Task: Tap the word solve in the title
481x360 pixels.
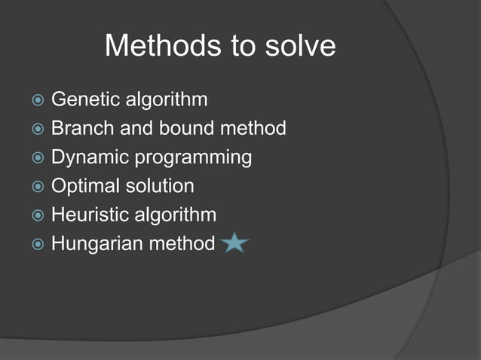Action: (299, 47)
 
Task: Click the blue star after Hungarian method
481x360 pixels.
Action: (235, 243)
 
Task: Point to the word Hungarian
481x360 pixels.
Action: (92, 244)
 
